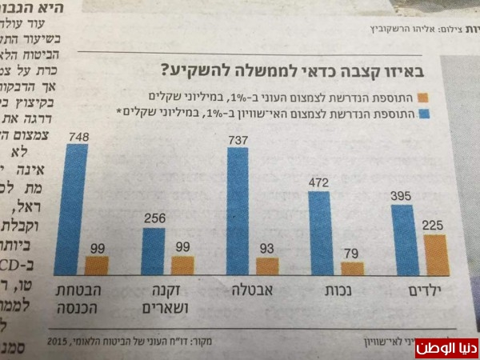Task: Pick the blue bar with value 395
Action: point(402,241)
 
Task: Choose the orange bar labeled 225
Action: point(434,255)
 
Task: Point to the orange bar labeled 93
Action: point(267,267)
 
